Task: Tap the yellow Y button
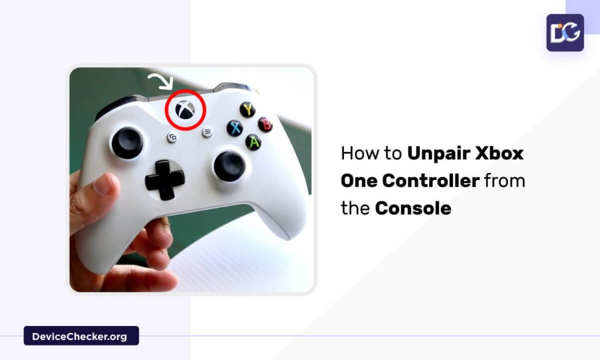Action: click(247, 110)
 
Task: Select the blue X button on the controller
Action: click(235, 128)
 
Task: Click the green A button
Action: click(253, 142)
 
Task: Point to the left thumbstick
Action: click(127, 142)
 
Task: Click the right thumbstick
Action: click(229, 165)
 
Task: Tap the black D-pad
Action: click(165, 178)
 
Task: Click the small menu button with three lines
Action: click(207, 132)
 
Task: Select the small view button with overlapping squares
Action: click(172, 138)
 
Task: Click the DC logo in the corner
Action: click(565, 33)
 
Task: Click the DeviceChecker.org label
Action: click(81, 336)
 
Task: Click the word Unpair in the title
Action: click(439, 154)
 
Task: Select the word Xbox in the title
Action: click(500, 154)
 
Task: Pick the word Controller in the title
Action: click(430, 181)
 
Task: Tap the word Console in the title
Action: click(413, 208)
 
